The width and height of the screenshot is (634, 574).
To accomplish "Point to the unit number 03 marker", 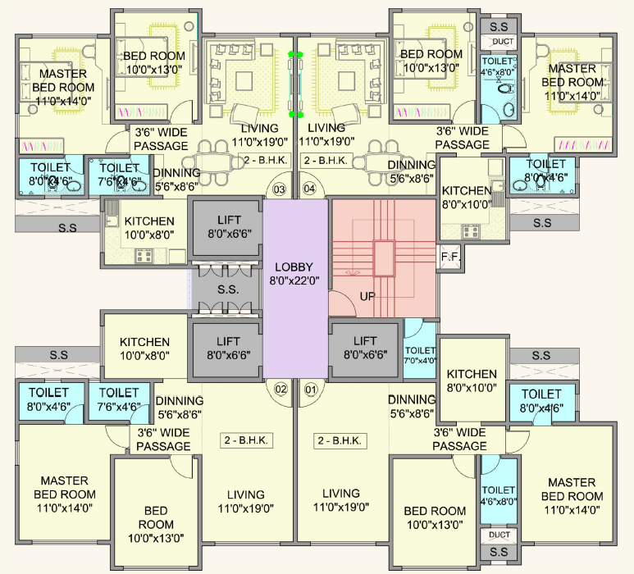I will pyautogui.click(x=280, y=189).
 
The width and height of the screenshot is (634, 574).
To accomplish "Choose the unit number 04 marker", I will pyautogui.click(x=310, y=189).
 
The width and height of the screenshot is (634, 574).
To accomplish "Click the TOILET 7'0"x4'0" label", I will pyautogui.click(x=420, y=355).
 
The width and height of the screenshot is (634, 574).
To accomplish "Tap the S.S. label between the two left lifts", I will pyautogui.click(x=227, y=289).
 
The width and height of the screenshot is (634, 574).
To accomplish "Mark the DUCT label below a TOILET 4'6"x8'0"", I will pyautogui.click(x=499, y=535).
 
